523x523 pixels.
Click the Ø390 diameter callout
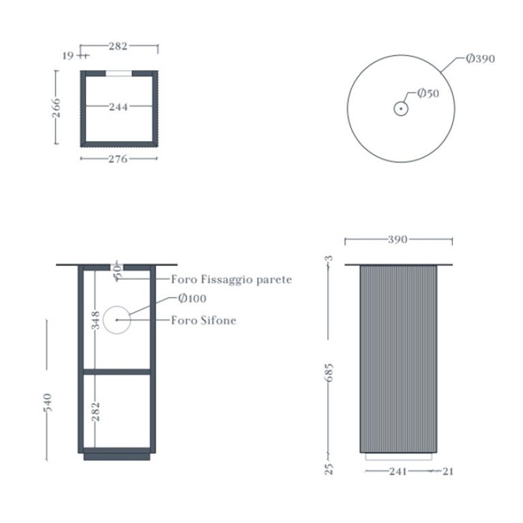480,59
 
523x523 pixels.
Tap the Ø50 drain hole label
428,93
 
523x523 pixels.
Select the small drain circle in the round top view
400,108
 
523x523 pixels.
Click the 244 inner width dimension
119,107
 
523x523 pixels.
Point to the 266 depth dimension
57,108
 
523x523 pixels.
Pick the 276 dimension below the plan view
119,159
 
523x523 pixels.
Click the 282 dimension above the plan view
118,46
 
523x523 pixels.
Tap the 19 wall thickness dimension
68,56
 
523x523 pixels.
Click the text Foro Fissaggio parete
231,280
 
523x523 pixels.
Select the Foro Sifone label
203,320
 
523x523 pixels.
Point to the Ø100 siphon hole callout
192,298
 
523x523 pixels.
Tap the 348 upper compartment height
95,320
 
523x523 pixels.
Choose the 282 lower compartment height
95,411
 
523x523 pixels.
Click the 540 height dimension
48,402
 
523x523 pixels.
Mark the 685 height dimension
329,372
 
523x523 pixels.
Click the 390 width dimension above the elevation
398,239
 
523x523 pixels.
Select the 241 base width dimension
398,471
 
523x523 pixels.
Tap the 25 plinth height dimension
329,469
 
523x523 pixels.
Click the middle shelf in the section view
117,372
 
